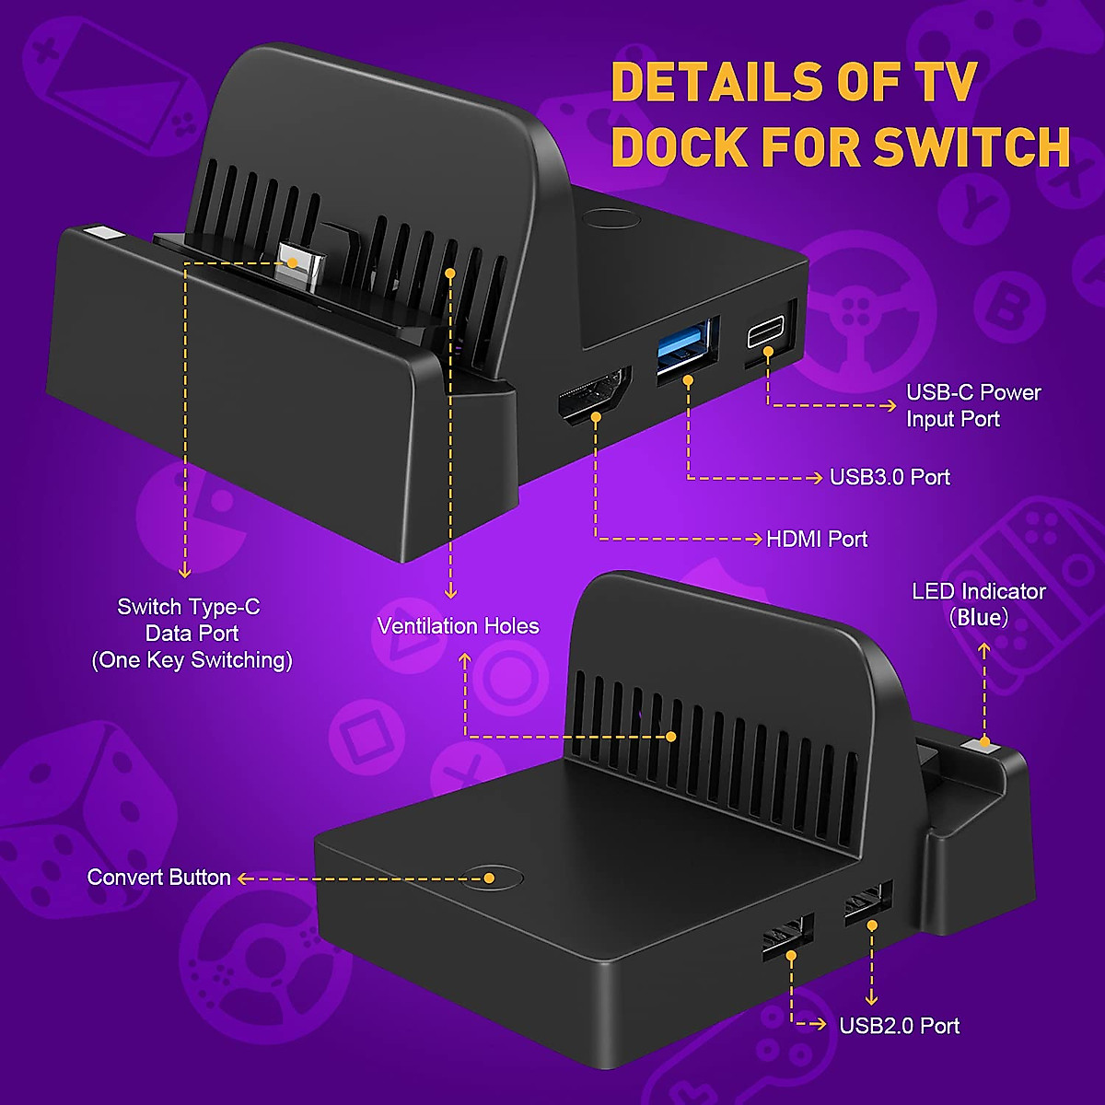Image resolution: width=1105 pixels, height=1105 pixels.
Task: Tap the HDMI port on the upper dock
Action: click(x=595, y=396)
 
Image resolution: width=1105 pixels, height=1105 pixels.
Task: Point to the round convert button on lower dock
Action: click(x=495, y=877)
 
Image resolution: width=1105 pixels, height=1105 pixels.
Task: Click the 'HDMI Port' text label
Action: click(x=817, y=539)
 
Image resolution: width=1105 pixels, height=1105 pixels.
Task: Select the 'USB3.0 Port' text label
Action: click(x=890, y=477)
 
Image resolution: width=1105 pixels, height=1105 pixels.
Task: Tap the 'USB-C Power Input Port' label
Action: click(x=972, y=405)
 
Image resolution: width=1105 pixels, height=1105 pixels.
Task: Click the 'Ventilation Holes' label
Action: click(x=458, y=626)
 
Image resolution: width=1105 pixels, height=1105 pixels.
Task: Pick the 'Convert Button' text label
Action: click(x=158, y=877)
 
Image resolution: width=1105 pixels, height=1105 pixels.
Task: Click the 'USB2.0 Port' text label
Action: click(x=899, y=1026)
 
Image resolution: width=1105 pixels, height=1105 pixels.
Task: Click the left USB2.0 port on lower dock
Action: click(x=787, y=936)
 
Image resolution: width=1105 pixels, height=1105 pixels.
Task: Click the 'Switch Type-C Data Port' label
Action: click(x=191, y=633)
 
